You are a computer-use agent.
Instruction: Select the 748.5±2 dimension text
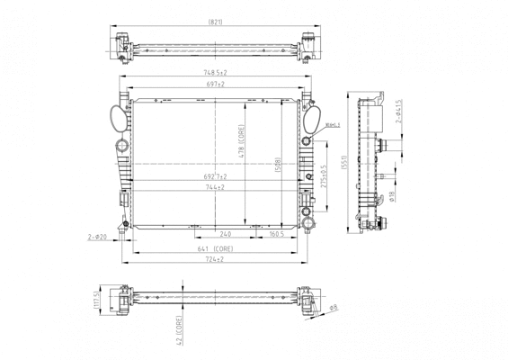(214, 72)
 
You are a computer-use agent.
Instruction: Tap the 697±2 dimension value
(214, 83)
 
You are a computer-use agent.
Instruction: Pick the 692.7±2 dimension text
(214, 176)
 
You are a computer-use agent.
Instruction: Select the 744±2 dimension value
(214, 188)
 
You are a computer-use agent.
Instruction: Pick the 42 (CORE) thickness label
(180, 330)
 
